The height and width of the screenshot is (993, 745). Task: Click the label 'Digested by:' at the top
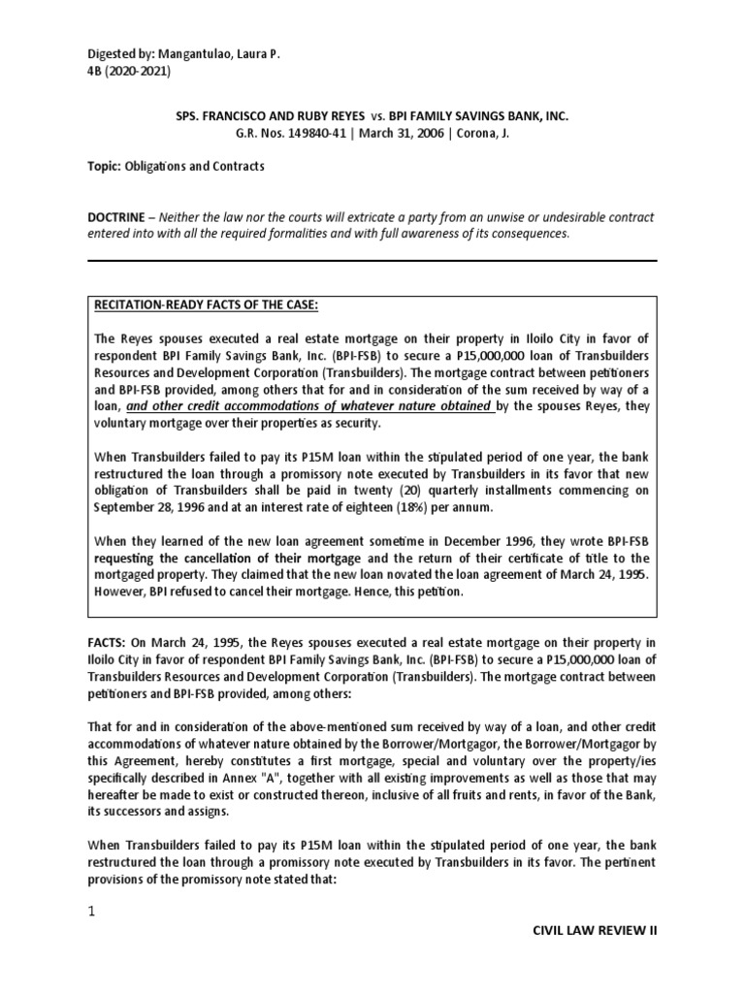[x=119, y=56]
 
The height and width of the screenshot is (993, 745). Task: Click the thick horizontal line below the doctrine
[x=372, y=261]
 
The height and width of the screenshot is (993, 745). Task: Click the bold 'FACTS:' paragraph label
[x=111, y=642]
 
